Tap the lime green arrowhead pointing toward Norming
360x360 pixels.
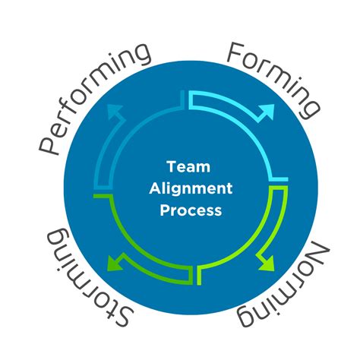tap(267, 263)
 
